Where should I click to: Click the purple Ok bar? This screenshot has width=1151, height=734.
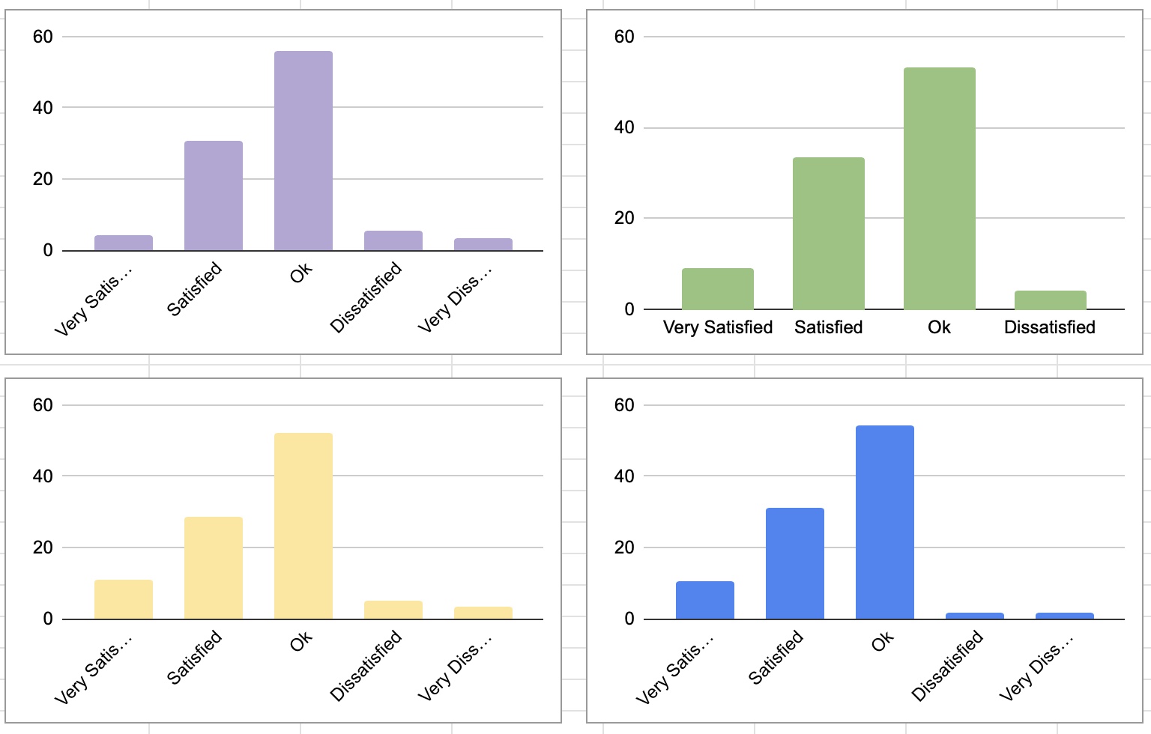(x=303, y=151)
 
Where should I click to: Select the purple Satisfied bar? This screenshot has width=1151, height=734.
(x=214, y=195)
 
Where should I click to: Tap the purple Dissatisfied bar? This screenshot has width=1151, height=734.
(x=393, y=240)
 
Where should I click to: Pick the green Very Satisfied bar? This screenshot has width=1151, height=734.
(x=718, y=288)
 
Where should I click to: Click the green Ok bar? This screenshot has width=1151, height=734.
(x=940, y=188)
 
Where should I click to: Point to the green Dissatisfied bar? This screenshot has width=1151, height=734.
(x=1051, y=300)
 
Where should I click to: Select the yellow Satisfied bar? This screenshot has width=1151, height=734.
(x=214, y=568)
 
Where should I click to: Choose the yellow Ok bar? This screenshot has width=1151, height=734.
(x=303, y=526)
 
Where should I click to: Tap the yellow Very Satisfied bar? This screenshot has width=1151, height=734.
(x=124, y=599)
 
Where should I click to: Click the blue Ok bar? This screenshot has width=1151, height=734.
(x=885, y=522)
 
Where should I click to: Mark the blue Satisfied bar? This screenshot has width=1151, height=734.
(x=795, y=563)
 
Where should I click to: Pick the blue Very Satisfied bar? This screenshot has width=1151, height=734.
(x=705, y=600)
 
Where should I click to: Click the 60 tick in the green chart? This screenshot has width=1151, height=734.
(x=624, y=37)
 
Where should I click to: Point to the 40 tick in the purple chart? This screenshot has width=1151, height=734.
(x=43, y=108)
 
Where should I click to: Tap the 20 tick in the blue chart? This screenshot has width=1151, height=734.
(x=624, y=548)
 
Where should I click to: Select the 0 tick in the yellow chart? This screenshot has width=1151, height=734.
(x=48, y=619)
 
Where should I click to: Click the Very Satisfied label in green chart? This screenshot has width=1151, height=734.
(x=718, y=327)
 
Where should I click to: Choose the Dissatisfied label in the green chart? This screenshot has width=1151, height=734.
(x=1050, y=327)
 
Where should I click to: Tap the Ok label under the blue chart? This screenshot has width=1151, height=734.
(x=883, y=641)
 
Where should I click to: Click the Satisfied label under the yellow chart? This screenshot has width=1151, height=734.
(x=195, y=657)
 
